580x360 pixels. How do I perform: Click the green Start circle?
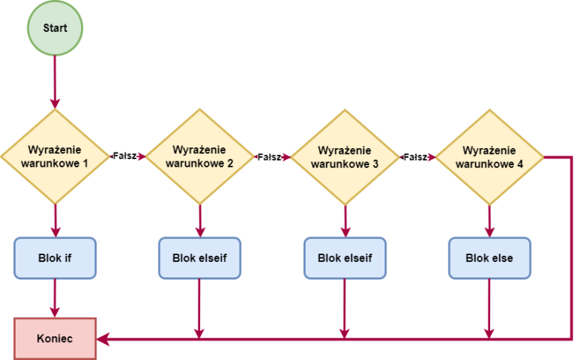pos(54,28)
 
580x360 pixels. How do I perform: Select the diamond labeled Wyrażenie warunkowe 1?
pos(54,156)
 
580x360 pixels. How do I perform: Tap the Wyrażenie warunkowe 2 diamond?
pos(199,156)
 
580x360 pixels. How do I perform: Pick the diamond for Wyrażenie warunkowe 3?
pos(344,156)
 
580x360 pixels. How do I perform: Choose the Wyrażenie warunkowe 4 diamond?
pos(489,156)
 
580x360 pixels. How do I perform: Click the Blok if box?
pos(54,259)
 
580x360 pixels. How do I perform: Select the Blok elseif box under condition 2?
pos(199,259)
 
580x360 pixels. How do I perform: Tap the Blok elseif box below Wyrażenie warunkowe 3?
pos(344,259)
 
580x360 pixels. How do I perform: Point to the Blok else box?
pos(489,259)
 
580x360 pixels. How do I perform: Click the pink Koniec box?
pos(54,338)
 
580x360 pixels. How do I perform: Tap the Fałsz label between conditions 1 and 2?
pos(125,156)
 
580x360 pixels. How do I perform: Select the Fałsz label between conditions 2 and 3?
pos(270,156)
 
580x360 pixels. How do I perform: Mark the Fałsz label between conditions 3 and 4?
pos(415,156)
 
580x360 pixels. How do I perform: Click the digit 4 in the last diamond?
pos(520,164)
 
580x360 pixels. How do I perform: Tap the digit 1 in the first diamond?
pos(86,164)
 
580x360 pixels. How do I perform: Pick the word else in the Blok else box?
pos(502,259)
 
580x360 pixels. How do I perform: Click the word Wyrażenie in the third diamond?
pos(344,150)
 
